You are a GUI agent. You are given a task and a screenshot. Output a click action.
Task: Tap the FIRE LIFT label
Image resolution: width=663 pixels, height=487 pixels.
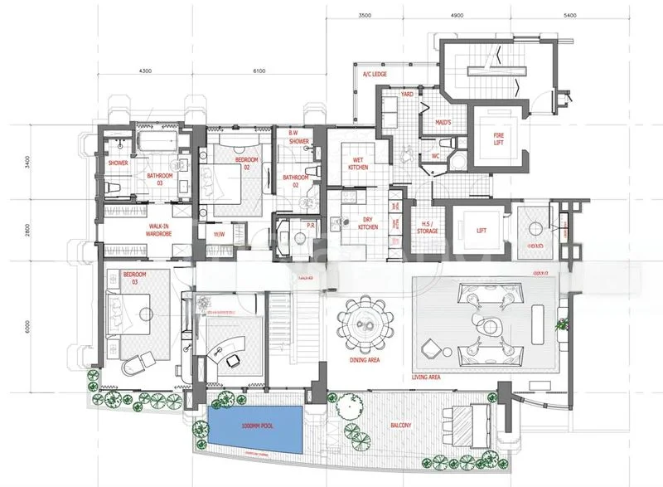[498, 139]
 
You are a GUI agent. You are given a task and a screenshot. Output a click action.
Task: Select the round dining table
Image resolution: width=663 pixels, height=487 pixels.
[365, 325]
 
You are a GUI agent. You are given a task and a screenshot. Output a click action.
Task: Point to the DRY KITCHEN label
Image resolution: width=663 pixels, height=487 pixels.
[368, 222]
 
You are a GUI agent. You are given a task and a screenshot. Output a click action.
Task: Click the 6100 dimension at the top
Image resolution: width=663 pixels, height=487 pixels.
[259, 71]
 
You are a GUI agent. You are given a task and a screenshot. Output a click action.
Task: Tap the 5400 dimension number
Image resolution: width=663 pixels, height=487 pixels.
[569, 15]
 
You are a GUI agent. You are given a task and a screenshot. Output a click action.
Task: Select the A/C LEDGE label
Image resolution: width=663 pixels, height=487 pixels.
[375, 75]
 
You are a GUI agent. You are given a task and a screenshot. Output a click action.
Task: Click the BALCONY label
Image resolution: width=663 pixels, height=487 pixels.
[404, 425]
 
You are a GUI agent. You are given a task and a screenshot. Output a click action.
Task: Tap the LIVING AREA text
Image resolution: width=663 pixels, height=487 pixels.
[425, 377]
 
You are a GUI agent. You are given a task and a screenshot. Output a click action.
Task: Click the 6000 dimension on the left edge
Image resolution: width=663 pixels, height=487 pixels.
[27, 326]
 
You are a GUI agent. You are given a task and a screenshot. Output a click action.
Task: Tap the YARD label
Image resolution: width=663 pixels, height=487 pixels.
[407, 95]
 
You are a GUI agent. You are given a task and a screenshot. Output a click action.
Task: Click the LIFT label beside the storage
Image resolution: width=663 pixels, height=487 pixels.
[480, 231]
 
